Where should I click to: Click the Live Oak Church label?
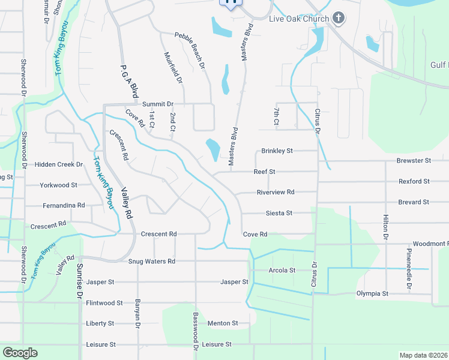[298, 19]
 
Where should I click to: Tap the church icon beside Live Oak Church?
[339, 18]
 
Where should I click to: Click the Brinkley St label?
[277, 151]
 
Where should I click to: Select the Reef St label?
[264, 172]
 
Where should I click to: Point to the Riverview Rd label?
[276, 193]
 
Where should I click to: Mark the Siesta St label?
[279, 213]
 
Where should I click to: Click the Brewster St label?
[414, 161]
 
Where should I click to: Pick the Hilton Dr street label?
[386, 229]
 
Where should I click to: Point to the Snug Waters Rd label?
[151, 262]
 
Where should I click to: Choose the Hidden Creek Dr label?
[58, 164]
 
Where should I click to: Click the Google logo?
[19, 353]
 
